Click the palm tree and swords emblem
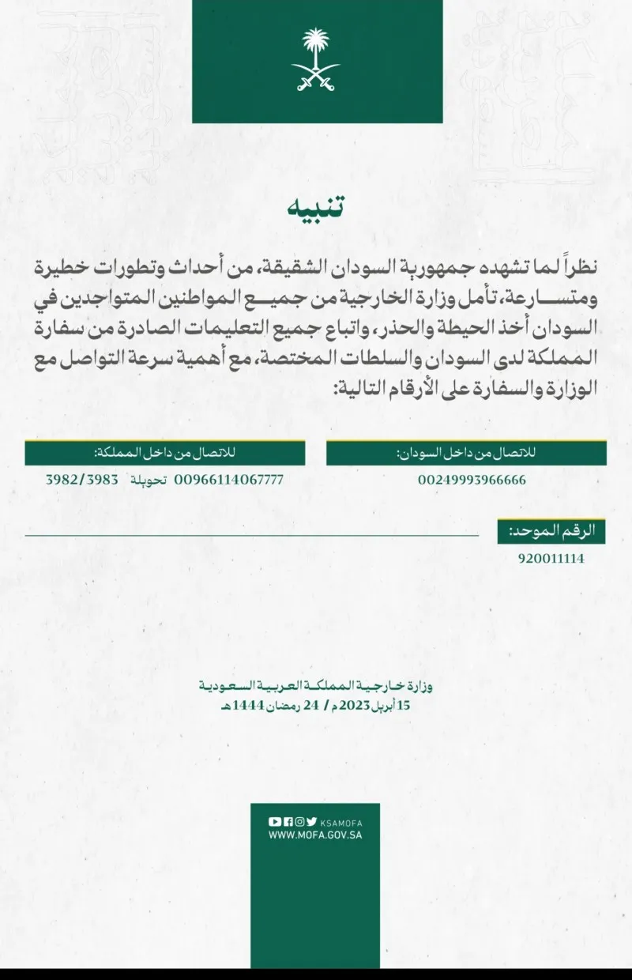coord(316,60)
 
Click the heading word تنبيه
coord(316,207)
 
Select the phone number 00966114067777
coord(228,480)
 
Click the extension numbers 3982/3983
coord(83,480)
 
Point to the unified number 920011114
coord(551,558)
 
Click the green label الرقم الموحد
coord(552,531)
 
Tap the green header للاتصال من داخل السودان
coord(466,453)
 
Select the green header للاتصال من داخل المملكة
coord(164,453)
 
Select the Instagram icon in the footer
coord(299,821)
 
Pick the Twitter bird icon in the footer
coord(312,821)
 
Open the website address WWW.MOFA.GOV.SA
coord(315,835)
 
